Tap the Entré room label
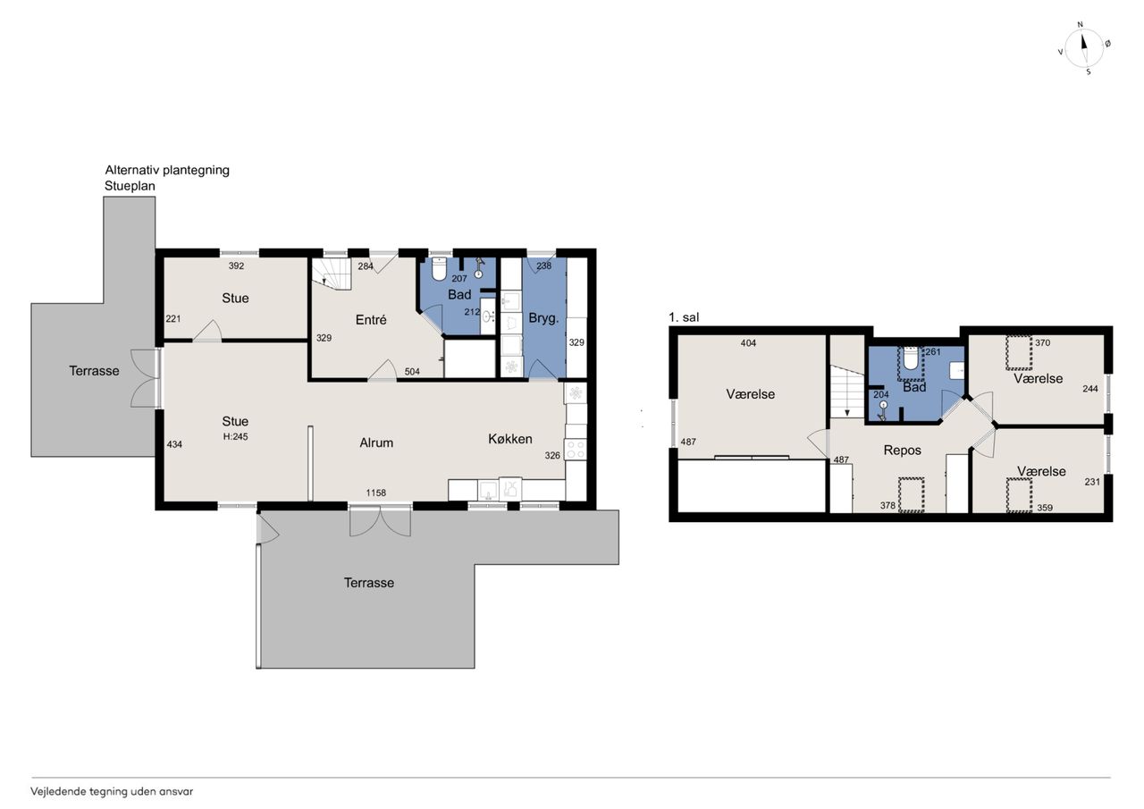(371, 320)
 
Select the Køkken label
(509, 439)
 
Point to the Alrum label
(376, 442)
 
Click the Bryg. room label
(543, 319)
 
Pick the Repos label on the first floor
(903, 450)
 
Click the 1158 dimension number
(376, 493)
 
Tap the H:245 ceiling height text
(235, 436)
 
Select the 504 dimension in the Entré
(412, 372)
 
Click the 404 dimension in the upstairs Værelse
(748, 343)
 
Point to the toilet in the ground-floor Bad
(439, 269)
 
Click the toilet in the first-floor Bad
(911, 359)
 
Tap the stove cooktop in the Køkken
(576, 450)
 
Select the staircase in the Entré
(332, 274)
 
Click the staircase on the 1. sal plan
(846, 392)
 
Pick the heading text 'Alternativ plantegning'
(167, 170)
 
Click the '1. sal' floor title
(684, 317)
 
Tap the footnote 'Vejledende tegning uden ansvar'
(112, 792)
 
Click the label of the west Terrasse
(94, 371)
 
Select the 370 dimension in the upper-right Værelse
(1042, 342)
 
